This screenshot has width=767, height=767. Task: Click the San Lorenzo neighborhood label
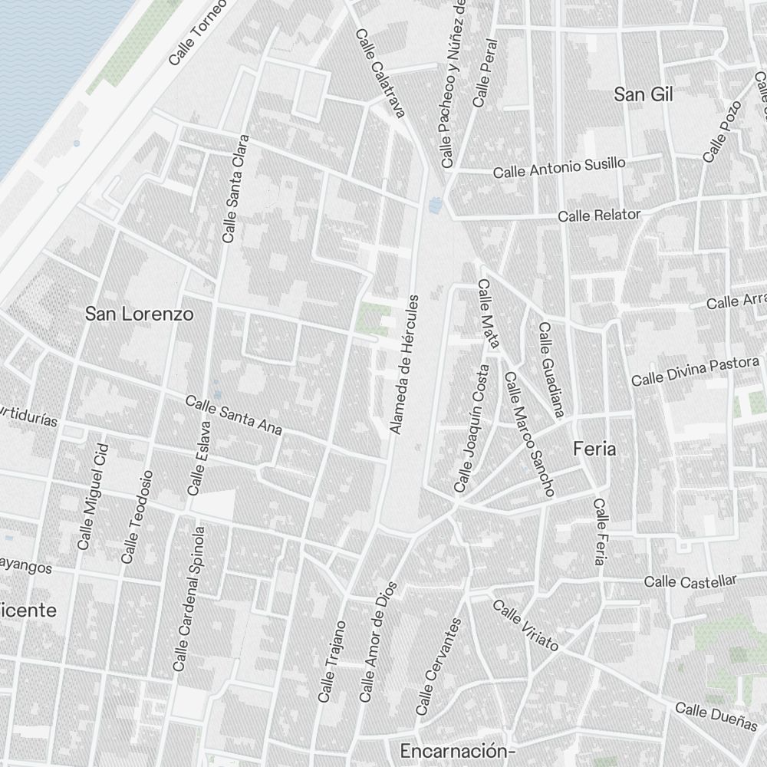[139, 314]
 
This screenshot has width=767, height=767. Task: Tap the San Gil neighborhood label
[644, 94]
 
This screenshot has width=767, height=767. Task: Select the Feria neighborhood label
[594, 449]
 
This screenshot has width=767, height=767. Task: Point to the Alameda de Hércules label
[406, 364]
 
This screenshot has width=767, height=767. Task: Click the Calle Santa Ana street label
[234, 415]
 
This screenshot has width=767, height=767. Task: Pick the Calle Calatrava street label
[380, 74]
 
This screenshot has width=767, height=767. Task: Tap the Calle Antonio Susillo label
[559, 167]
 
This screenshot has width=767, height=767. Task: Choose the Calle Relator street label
[599, 215]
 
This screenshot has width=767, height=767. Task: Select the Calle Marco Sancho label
[528, 433]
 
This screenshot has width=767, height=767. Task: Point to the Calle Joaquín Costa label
[472, 427]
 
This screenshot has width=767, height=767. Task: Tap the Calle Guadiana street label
[551, 370]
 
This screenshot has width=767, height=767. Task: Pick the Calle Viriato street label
[525, 624]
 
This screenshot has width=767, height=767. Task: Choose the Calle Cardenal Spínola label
[189, 598]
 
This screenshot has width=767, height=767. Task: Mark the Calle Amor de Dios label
[378, 642]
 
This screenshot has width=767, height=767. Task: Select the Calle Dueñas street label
[716, 716]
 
